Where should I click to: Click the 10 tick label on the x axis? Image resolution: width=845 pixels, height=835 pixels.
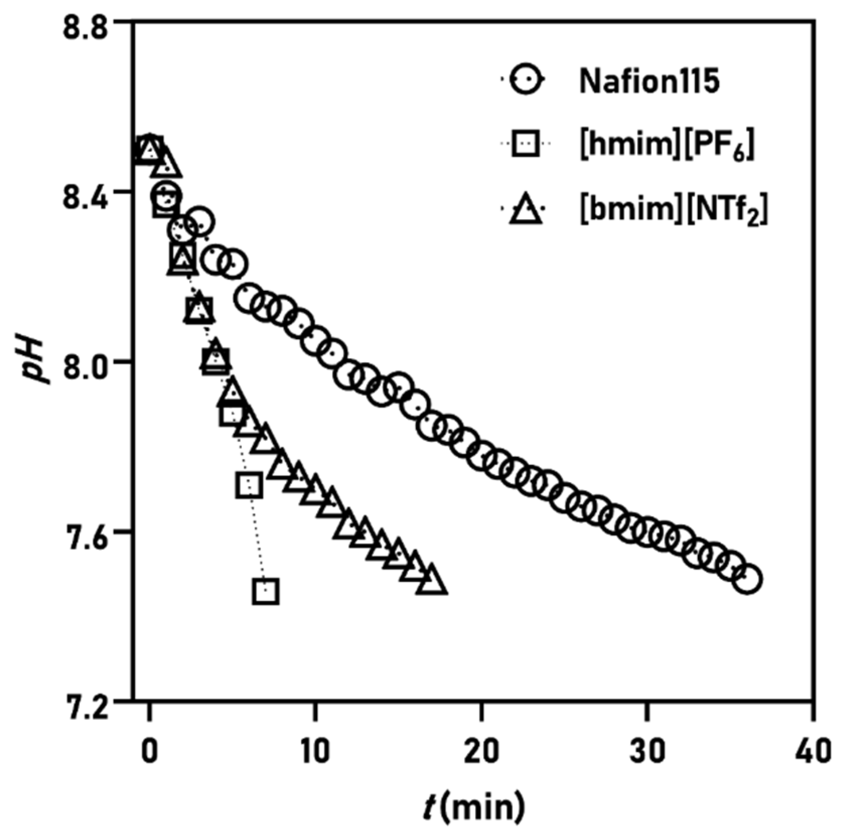point(315,751)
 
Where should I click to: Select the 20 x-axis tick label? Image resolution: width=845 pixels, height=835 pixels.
point(482,751)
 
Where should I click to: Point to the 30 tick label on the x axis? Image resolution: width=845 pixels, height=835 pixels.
point(648,751)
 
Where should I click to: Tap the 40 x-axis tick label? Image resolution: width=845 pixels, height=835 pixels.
point(814,751)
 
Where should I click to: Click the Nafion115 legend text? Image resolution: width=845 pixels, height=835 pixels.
point(649,81)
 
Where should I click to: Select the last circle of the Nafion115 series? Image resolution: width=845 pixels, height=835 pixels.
point(747,579)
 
